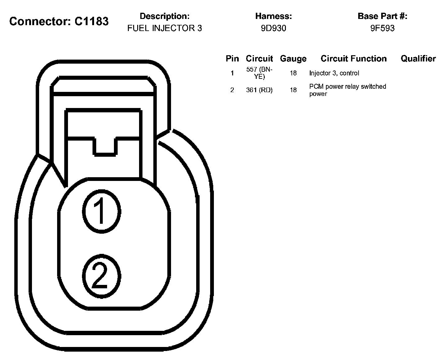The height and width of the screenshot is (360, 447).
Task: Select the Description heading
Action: point(165,16)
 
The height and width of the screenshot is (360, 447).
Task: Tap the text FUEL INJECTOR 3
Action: point(165,28)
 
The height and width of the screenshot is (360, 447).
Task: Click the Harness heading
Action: point(273,16)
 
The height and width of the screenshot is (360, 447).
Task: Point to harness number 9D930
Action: point(273,28)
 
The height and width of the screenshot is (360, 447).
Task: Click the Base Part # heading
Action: point(382,16)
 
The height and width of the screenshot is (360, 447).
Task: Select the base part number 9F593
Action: point(382,28)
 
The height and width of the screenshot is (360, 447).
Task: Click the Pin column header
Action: point(232,59)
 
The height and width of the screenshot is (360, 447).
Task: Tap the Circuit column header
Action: point(259,59)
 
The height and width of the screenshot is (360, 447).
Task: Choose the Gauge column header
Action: point(293,59)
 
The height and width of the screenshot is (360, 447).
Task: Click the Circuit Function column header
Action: point(354,59)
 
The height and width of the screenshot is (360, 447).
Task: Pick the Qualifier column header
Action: point(418,59)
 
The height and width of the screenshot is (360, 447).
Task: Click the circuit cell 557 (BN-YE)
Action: point(259,73)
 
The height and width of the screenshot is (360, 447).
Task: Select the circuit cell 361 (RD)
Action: point(259,90)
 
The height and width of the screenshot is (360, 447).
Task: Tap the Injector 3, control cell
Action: point(334,73)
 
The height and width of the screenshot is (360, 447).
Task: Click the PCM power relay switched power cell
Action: point(347,90)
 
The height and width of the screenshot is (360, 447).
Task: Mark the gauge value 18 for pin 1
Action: point(293,73)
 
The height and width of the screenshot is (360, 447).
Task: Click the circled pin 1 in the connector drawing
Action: point(101,212)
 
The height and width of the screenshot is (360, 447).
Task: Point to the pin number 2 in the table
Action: point(232,90)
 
